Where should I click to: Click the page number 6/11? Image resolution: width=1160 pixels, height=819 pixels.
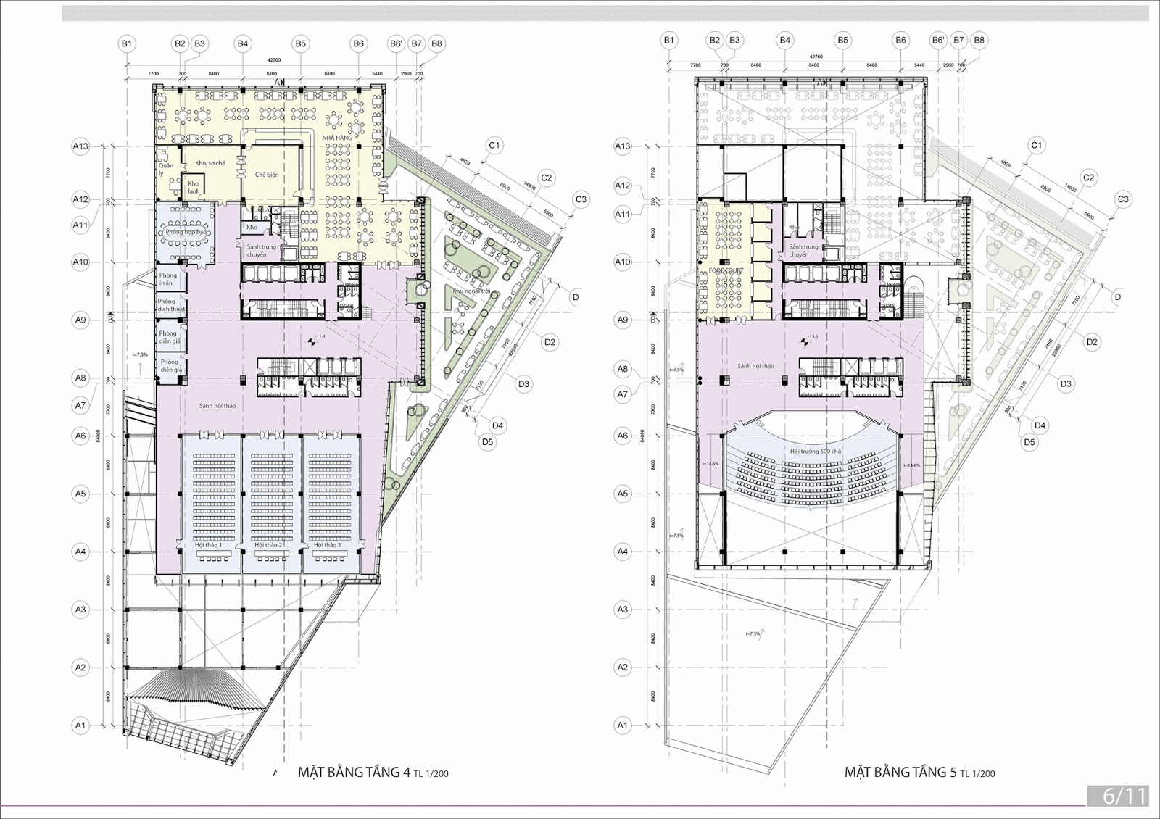[x=1124, y=796]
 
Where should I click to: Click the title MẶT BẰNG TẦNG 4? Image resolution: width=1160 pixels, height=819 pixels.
[x=354, y=772]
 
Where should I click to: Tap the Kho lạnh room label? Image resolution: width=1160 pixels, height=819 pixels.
[x=194, y=187]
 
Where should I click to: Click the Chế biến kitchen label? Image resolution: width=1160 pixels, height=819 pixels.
[x=266, y=175]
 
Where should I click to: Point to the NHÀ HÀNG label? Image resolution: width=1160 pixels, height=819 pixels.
[x=336, y=138]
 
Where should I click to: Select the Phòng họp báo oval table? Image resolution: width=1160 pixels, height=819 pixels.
[x=184, y=232]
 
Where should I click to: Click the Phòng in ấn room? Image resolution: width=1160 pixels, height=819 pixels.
[x=168, y=279]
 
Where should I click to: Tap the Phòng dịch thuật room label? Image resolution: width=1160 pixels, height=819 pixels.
[x=171, y=305]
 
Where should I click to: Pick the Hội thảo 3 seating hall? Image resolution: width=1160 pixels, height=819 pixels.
[x=331, y=500]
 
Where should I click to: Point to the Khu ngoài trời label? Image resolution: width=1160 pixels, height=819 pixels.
[x=471, y=291]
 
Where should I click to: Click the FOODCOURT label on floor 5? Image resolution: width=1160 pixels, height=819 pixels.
[x=726, y=271]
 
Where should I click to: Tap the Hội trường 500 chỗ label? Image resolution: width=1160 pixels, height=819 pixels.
[x=816, y=451]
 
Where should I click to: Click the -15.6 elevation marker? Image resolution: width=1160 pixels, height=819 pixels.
[x=813, y=336]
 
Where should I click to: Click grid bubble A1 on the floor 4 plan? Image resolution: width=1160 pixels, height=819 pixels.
[x=80, y=726]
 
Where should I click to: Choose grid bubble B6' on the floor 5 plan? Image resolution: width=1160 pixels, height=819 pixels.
[x=938, y=41]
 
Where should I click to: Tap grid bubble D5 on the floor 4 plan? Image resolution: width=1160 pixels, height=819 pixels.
[x=487, y=441]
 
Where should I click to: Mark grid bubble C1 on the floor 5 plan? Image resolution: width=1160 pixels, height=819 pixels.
[x=1036, y=146]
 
